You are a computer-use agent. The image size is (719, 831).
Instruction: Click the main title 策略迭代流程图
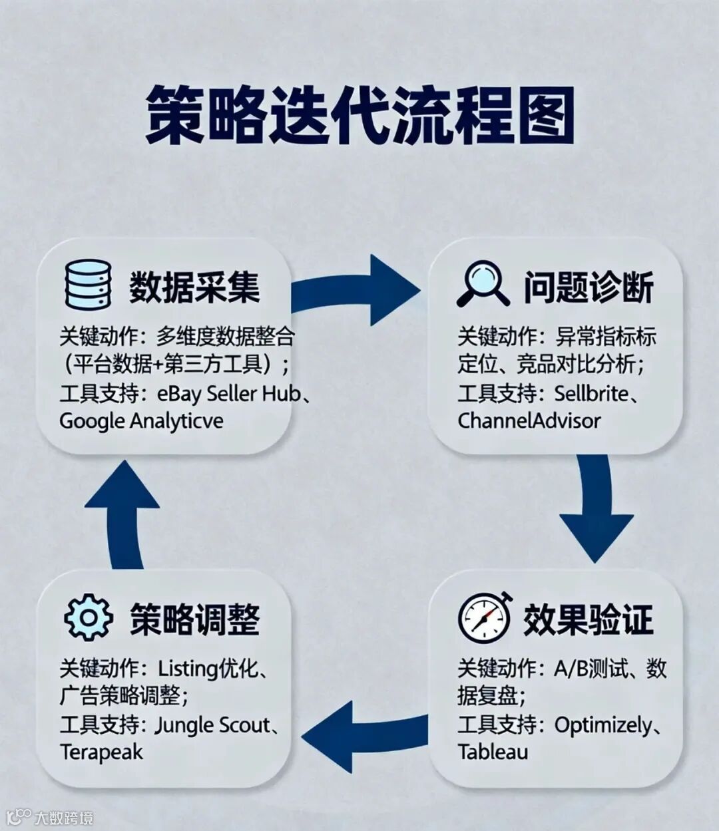coord(359,114)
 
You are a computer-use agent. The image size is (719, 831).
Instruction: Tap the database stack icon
coord(88,284)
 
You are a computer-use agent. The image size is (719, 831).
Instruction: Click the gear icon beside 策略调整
coord(88,617)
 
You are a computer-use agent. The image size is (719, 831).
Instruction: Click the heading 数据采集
coord(194,287)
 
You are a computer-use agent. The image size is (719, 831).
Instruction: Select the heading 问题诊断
coord(589,287)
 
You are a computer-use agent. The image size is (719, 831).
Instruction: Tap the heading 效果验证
coord(589,619)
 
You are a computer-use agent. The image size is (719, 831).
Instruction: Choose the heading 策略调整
coord(194,619)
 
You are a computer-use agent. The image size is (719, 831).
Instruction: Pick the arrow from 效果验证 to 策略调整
coord(363,735)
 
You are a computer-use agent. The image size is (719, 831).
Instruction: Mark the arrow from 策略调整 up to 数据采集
coord(123,512)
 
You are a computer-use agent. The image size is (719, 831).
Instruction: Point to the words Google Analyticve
coord(141,421)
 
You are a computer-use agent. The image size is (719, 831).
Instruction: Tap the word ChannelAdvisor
coord(529,421)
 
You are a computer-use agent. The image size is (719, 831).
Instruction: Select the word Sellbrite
coord(591,393)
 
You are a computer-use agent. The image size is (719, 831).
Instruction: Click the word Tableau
coord(493,752)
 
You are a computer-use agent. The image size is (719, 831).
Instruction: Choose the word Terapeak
coord(101,752)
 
